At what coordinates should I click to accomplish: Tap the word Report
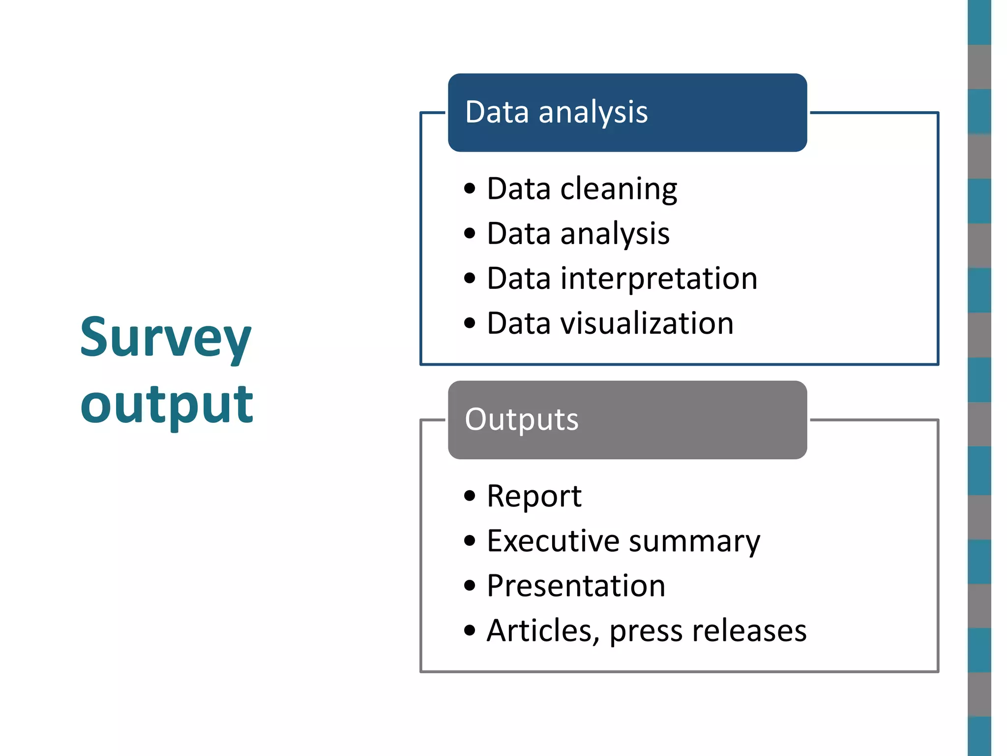[x=534, y=496]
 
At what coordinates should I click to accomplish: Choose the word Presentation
[x=576, y=586]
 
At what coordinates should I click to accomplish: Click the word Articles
[x=542, y=630]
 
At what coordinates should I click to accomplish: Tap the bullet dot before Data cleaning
[x=470, y=189]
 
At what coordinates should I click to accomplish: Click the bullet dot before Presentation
[x=470, y=586]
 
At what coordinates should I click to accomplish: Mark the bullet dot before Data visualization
[x=470, y=323]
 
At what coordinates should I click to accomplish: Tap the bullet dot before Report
[x=470, y=496]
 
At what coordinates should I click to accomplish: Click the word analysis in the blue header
[x=593, y=113]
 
